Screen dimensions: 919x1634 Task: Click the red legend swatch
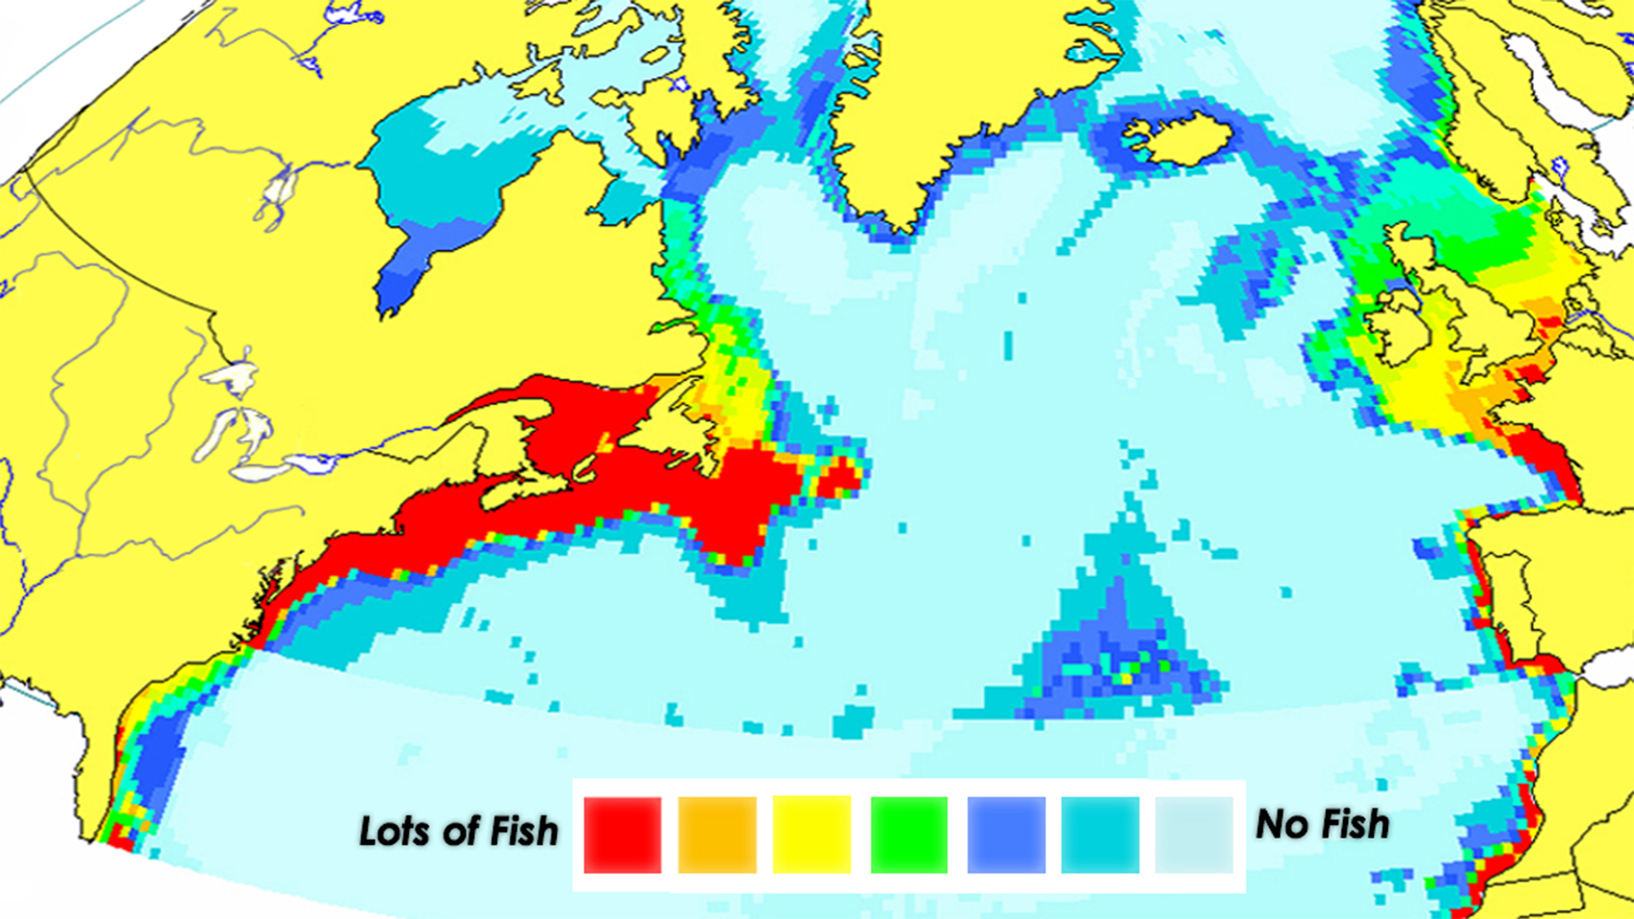coord(622,835)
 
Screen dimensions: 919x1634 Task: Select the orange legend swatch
coord(717,835)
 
